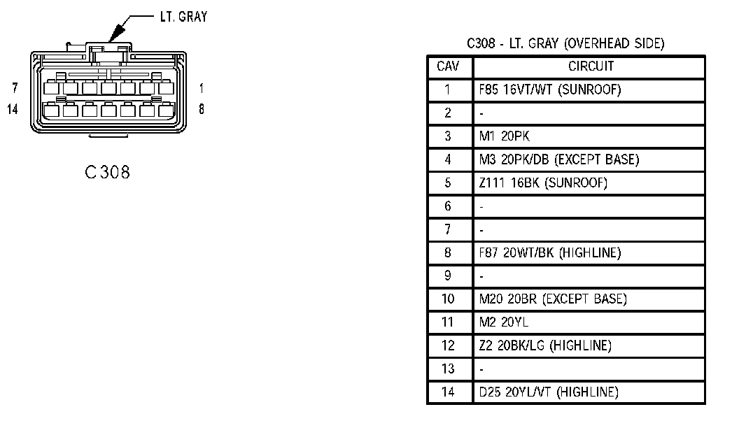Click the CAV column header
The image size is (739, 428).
[x=448, y=66]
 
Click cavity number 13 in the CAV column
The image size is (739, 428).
[x=448, y=369]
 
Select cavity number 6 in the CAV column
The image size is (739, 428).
[x=448, y=206]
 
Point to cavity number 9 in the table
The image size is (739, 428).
[x=448, y=276]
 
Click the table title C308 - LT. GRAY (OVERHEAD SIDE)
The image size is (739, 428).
[x=565, y=44]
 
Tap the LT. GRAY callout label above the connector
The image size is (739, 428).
[x=184, y=17]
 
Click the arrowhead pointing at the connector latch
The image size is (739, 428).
[x=116, y=34]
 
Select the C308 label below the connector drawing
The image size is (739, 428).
[x=108, y=172]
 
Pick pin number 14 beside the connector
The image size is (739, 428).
[x=13, y=109]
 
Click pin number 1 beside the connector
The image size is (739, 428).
[x=202, y=88]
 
